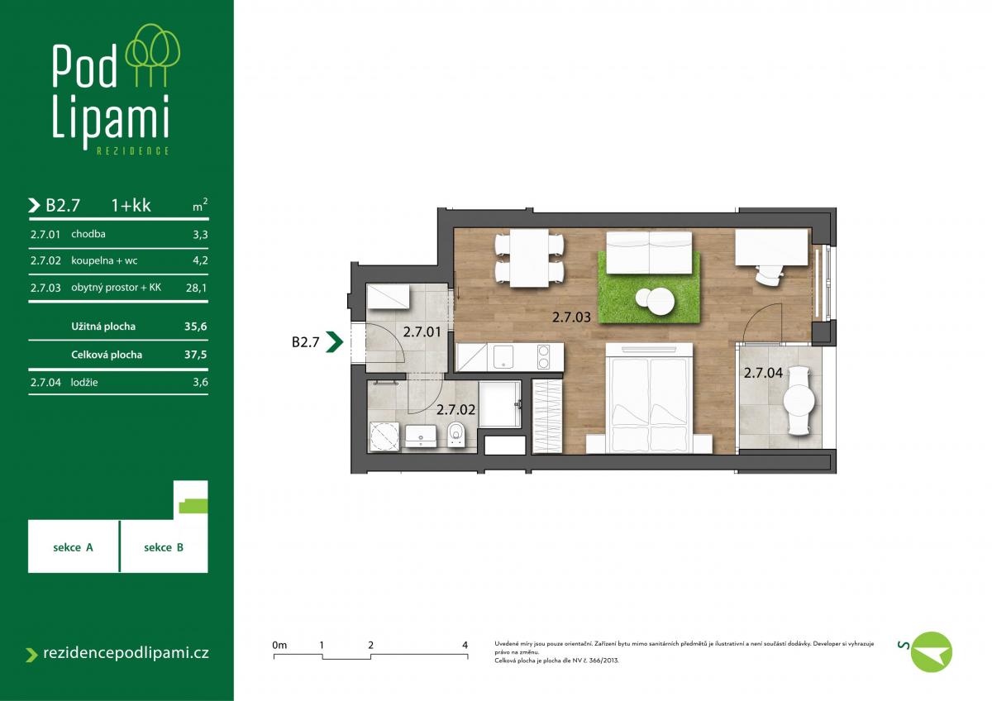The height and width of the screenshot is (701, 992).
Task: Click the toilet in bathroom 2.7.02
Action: (x=455, y=434)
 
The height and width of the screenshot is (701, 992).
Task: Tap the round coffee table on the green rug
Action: (x=656, y=301)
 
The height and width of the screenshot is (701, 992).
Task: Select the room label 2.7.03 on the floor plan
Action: (x=571, y=317)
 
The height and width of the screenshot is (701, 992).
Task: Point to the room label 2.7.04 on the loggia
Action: (x=763, y=373)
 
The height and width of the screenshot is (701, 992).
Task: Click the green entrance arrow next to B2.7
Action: (x=334, y=342)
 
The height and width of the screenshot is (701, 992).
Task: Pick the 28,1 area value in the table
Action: (x=196, y=288)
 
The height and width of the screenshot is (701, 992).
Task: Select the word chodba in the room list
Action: (x=88, y=234)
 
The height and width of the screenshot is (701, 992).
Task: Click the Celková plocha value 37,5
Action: (x=196, y=355)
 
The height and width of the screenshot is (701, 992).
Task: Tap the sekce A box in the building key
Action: (x=74, y=546)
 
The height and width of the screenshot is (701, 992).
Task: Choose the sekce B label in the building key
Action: (x=164, y=547)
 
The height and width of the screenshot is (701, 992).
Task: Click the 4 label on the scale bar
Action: (x=465, y=645)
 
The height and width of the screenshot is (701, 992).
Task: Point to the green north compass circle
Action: (x=932, y=652)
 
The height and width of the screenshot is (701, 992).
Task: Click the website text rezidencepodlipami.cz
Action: (x=126, y=653)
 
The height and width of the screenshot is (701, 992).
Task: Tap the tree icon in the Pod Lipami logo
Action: (x=153, y=55)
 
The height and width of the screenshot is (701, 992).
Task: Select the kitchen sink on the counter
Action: (x=503, y=356)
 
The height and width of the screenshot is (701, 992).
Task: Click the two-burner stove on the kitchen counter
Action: (x=543, y=356)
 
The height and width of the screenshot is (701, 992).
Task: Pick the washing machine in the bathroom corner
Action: (x=384, y=436)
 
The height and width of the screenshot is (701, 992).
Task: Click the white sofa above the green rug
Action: (x=649, y=252)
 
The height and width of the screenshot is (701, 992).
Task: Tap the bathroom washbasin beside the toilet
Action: (x=421, y=436)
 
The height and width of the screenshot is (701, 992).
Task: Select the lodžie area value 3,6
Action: (x=200, y=382)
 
